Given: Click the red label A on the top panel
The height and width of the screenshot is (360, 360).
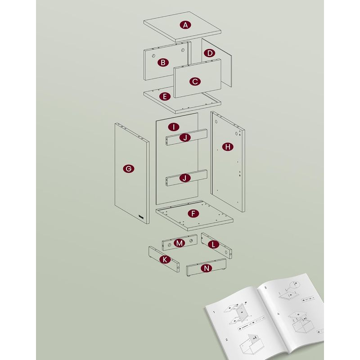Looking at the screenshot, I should click(x=185, y=25).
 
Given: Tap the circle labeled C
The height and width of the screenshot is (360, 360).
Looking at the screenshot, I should click(x=194, y=81).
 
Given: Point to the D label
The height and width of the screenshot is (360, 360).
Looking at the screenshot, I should click(x=209, y=53).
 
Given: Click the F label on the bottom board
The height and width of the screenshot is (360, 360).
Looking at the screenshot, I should click(x=193, y=214).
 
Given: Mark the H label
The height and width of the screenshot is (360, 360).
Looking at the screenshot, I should click(x=228, y=147).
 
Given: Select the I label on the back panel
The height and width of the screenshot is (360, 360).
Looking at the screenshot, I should click(x=174, y=127).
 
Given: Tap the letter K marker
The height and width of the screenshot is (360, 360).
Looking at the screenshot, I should click(x=165, y=260).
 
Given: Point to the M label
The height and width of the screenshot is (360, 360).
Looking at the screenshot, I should click(x=180, y=243).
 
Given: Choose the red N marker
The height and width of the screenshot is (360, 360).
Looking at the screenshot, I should click(x=206, y=269).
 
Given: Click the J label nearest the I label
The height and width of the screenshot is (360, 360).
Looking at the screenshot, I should click(x=185, y=138).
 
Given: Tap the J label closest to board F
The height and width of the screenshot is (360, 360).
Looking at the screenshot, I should click(x=185, y=178).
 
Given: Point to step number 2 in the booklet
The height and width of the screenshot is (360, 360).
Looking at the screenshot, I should click(x=226, y=341).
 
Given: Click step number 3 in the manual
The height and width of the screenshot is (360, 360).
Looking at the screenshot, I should click(x=265, y=287).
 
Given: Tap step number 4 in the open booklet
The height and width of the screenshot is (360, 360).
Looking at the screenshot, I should click(x=279, y=313).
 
